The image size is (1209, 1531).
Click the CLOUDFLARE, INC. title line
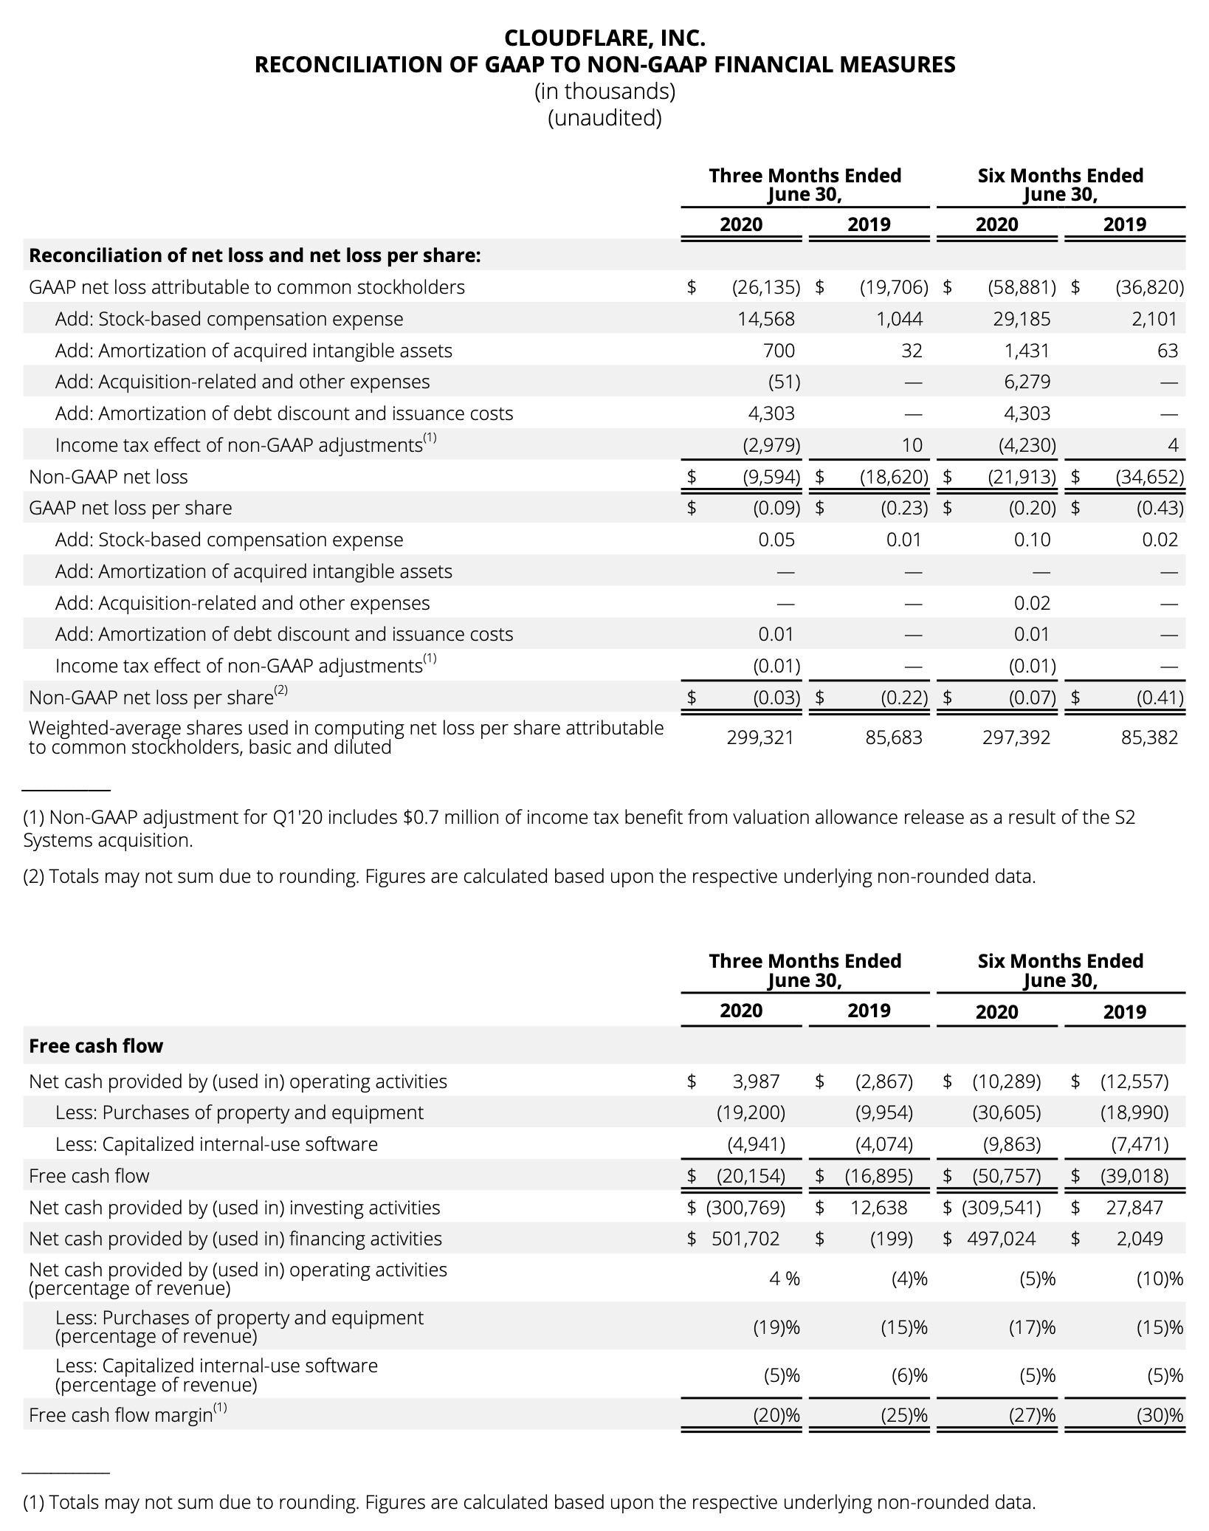pos(604,38)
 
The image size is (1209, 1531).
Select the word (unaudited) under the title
pos(604,118)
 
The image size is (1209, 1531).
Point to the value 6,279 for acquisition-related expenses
pos(1027,382)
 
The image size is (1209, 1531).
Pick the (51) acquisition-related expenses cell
pos(783,382)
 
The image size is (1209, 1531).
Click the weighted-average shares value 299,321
pos(759,737)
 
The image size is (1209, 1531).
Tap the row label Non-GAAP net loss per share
pos(151,698)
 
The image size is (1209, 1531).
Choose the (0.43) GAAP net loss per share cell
pos(1160,508)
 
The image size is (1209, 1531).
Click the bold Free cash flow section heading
pos(96,1046)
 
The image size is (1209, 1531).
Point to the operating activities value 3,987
pos(756,1081)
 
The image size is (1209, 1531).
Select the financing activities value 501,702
pos(745,1239)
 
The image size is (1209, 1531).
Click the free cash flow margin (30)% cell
pos(1160,1415)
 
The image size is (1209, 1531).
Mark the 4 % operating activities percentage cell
pos(784,1279)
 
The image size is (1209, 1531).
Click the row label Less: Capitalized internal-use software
pos(216,1144)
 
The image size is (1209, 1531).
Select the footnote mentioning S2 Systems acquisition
pos(579,828)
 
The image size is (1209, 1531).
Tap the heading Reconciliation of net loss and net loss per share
pos(255,255)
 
